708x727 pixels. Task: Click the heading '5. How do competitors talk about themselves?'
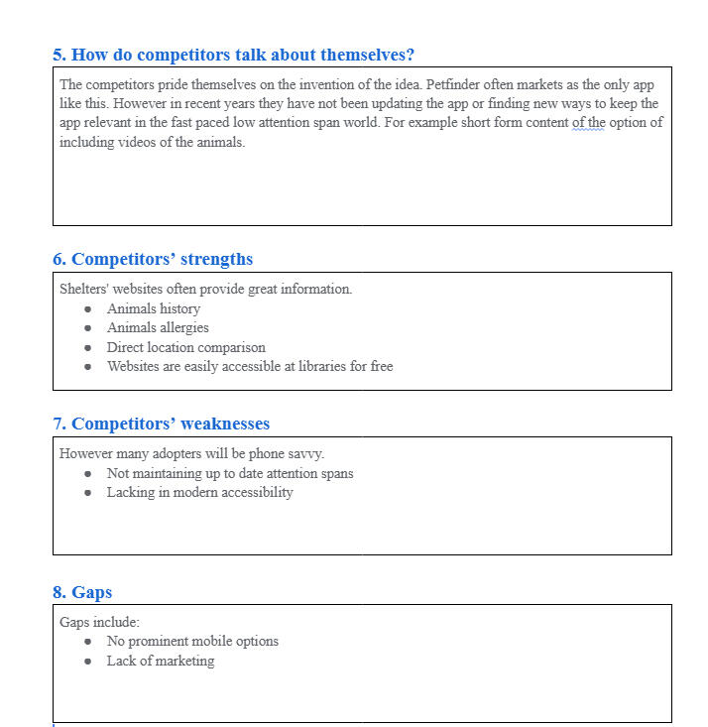[233, 55]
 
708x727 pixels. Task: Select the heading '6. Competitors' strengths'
[153, 259]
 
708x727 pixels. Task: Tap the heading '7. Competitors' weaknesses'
[161, 424]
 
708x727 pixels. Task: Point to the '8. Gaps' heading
[82, 592]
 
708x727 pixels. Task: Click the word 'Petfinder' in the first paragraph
[454, 84]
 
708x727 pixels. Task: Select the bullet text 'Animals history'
[154, 308]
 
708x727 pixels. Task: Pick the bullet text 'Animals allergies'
[158, 327]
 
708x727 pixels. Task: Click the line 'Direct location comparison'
[186, 347]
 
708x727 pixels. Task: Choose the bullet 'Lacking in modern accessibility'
[199, 492]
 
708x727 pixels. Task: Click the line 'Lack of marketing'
[161, 661]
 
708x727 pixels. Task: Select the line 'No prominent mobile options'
[192, 641]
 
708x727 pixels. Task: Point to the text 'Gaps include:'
[99, 622]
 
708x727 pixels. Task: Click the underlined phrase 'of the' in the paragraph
[588, 123]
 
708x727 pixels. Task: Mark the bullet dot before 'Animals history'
[87, 309]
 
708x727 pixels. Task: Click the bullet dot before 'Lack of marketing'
[87, 662]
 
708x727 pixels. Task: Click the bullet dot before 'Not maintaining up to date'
[87, 474]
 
